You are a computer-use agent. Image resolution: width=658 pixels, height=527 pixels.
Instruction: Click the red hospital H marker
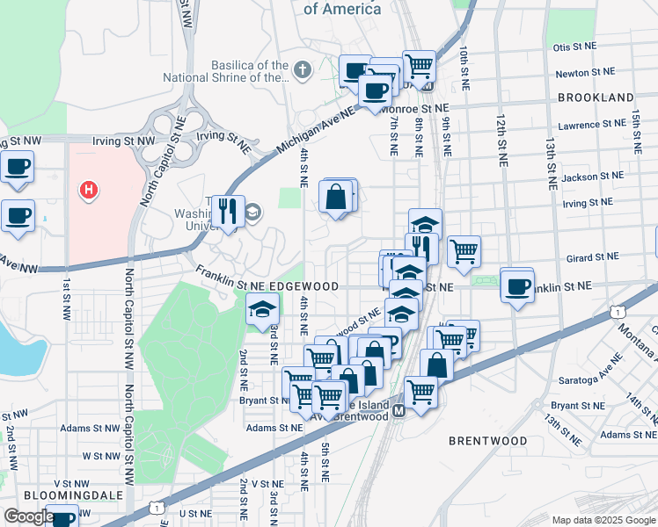pyautogui.click(x=88, y=190)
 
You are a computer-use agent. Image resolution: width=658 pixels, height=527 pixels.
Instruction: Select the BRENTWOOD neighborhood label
pyautogui.click(x=488, y=441)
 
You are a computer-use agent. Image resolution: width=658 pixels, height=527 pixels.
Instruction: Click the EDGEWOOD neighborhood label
pyautogui.click(x=303, y=287)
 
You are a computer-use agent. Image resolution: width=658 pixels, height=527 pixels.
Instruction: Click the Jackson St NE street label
pyautogui.click(x=587, y=177)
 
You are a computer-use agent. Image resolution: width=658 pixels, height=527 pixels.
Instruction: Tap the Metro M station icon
pyautogui.click(x=398, y=410)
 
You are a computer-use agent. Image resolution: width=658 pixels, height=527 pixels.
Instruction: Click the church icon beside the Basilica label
pyautogui.click(x=302, y=69)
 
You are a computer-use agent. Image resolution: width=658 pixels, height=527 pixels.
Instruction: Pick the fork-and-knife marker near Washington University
pyautogui.click(x=228, y=211)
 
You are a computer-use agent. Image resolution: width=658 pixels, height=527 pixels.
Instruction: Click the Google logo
pyautogui.click(x=29, y=516)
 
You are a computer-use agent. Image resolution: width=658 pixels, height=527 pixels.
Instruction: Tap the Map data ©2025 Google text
pyautogui.click(x=603, y=520)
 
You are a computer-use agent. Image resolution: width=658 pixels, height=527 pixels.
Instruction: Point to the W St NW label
pyautogui.click(x=97, y=456)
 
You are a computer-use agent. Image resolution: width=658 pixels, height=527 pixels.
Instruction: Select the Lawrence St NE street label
pyautogui.click(x=590, y=126)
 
